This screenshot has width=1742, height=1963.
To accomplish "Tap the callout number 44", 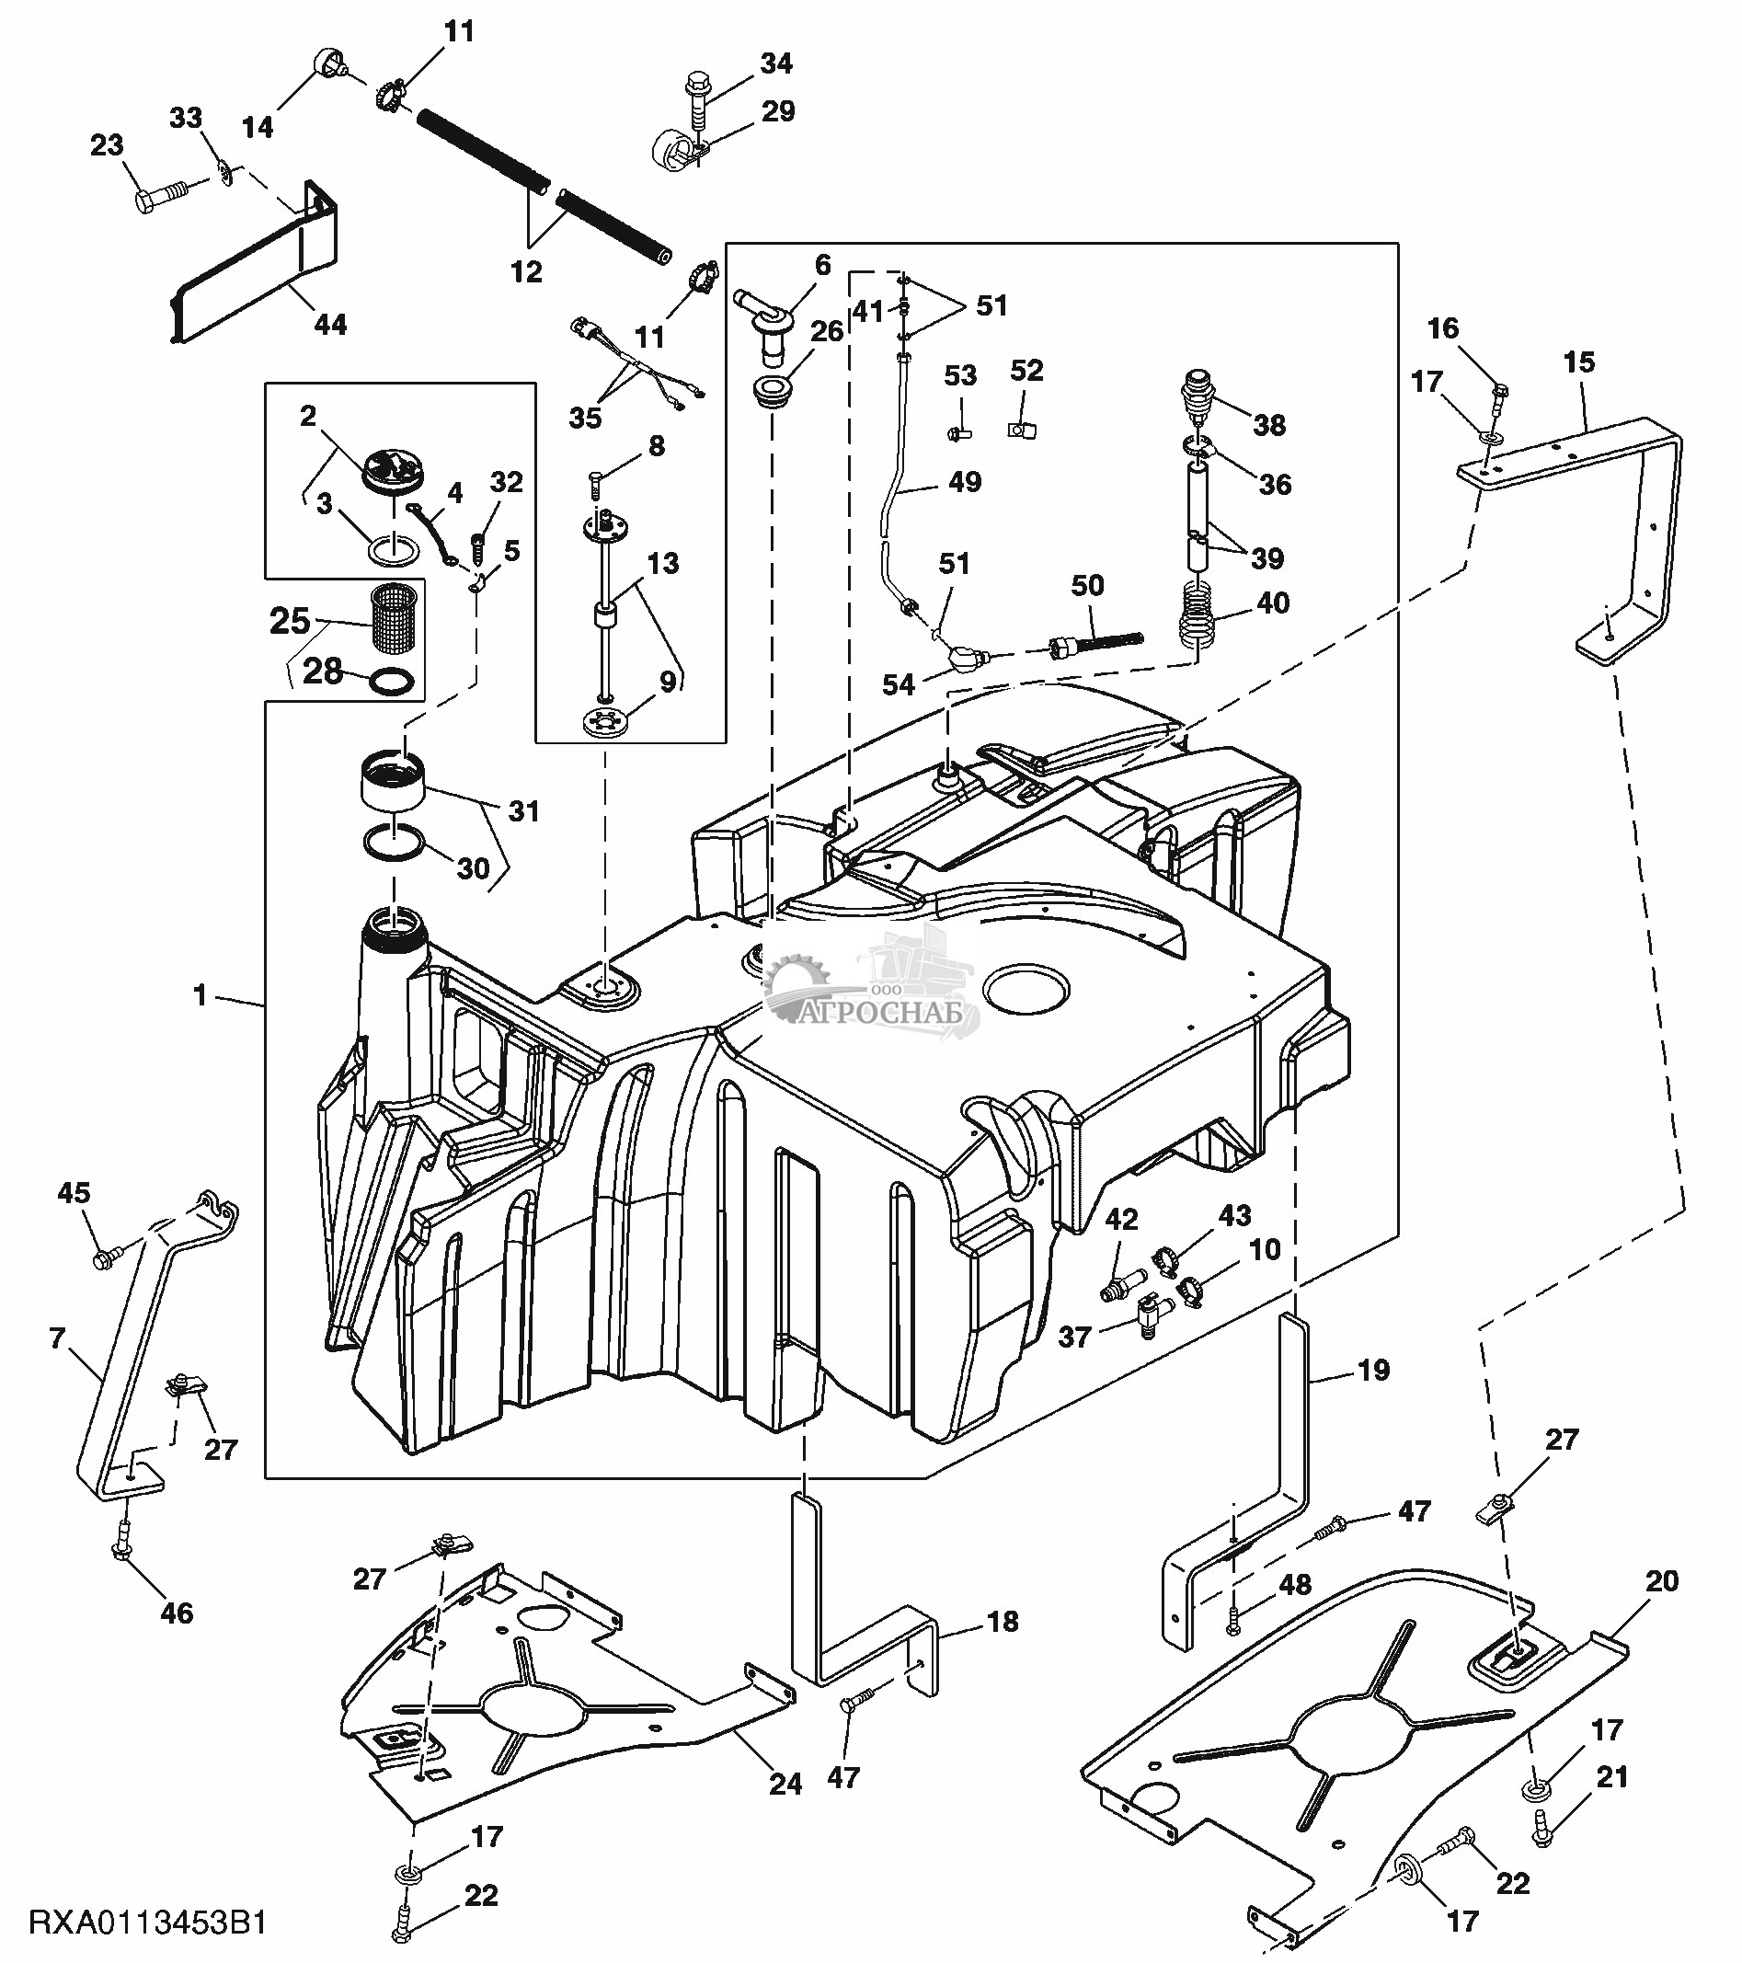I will pyautogui.click(x=330, y=325).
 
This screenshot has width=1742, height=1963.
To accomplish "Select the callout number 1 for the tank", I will pyautogui.click(x=200, y=995).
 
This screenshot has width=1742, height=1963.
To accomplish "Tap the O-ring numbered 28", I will pyautogui.click(x=392, y=682).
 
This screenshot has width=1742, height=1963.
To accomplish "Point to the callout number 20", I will pyautogui.click(x=1662, y=1580).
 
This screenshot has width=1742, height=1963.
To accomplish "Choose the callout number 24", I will pyautogui.click(x=785, y=1784).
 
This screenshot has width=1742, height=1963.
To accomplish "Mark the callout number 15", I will pyautogui.click(x=1579, y=363).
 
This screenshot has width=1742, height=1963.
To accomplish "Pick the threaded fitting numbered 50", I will pyautogui.click(x=1094, y=641).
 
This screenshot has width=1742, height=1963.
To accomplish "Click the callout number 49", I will pyautogui.click(x=964, y=481).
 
